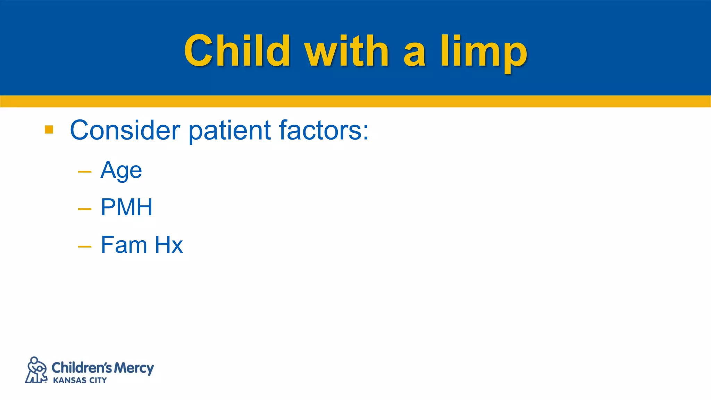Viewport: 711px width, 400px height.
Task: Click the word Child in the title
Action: (237, 51)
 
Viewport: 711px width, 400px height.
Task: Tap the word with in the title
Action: (346, 51)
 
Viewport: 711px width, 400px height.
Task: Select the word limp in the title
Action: (484, 52)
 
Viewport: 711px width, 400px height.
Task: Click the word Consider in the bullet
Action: (125, 130)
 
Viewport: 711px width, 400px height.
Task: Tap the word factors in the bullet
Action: (319, 130)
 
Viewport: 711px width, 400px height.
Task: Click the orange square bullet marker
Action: (49, 130)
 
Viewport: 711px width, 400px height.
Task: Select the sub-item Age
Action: (121, 170)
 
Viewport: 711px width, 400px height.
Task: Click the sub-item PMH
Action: (126, 208)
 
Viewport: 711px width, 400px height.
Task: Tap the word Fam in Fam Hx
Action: (124, 245)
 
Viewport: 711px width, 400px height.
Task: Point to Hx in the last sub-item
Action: (169, 245)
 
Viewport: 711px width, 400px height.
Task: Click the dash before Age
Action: (85, 172)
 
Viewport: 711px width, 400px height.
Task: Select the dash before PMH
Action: (85, 209)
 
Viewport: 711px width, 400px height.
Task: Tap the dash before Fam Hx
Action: (85, 247)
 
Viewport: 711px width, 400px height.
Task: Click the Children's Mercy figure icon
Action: (36, 370)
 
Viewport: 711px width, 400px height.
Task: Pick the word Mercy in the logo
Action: (134, 368)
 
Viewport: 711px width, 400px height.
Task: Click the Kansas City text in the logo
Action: (80, 381)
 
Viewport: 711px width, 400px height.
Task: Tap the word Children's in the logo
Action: (82, 367)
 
